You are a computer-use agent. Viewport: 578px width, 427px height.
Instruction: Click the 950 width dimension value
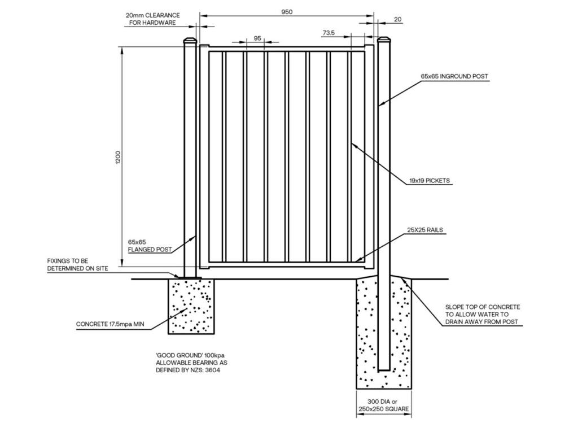[x=287, y=12]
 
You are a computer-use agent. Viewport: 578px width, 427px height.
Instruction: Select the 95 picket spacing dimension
[x=257, y=38]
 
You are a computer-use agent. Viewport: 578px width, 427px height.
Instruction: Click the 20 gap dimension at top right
[x=397, y=19]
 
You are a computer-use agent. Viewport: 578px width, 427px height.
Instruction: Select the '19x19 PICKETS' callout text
[x=430, y=182]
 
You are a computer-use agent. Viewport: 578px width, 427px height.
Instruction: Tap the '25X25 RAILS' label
[x=424, y=230]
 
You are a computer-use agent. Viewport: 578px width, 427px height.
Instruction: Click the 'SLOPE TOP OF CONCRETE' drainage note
[x=483, y=314]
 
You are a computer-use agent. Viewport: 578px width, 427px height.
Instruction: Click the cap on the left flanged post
[x=190, y=41]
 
